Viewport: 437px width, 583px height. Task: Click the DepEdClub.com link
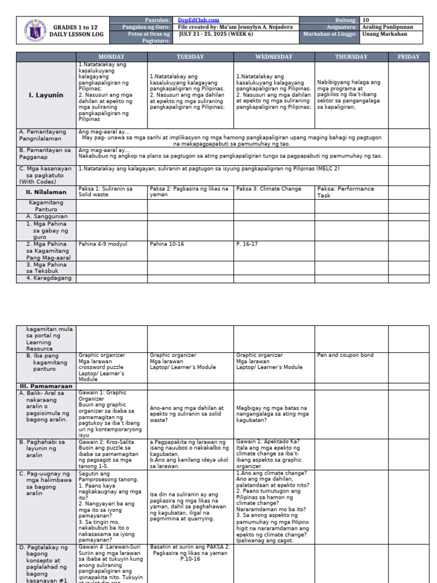tap(199, 20)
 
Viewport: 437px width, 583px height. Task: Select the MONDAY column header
tap(112, 57)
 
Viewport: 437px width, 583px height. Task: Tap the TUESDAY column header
tap(190, 57)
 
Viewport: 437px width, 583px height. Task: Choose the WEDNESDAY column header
tap(274, 57)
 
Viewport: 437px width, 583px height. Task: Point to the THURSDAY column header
tap(351, 57)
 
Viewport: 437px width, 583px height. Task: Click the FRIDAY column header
tap(409, 57)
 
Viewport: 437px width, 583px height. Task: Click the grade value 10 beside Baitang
tap(366, 20)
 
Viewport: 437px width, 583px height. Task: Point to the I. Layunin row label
tap(46, 95)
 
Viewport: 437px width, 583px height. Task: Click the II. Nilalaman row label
tap(46, 192)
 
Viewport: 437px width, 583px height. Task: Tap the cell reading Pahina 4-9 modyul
tap(103, 244)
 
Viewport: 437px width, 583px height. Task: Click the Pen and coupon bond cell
tap(345, 355)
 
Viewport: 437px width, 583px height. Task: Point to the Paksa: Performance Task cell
tap(345, 192)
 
